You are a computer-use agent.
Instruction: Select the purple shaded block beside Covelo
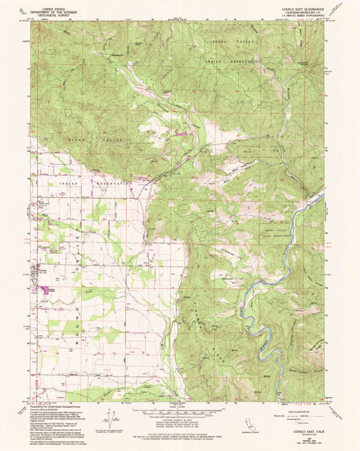click(x=47, y=289)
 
